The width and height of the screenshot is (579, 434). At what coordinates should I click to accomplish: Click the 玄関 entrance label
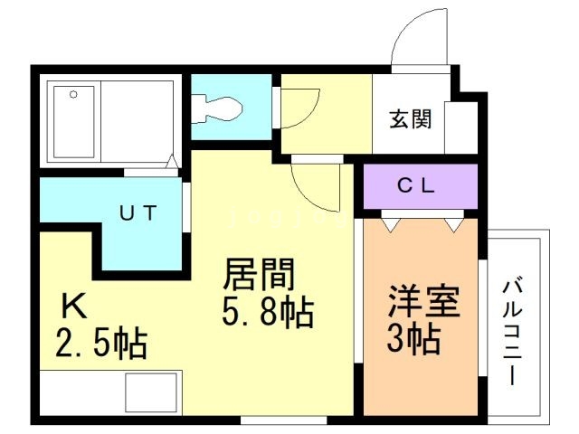pos(411,118)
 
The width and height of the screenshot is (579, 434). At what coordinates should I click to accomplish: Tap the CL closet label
pos(416,185)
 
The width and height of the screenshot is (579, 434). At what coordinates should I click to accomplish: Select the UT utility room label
pos(138,212)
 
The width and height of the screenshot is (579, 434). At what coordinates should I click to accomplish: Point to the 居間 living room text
pos(259,274)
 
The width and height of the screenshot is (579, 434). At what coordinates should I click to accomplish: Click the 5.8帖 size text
pos(268,313)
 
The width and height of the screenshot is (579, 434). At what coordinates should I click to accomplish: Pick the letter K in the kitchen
pos(74,306)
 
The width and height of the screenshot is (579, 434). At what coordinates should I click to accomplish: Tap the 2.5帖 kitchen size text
pos(101,344)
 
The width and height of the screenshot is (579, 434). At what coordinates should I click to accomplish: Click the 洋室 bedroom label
pos(423,301)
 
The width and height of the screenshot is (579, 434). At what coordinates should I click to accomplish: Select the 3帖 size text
pos(413,339)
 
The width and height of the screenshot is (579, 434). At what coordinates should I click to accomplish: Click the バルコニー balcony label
pos(513,332)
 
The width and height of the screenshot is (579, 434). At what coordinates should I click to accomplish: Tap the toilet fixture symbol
pos(217,108)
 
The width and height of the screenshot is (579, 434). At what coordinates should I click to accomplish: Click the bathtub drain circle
pos(73,94)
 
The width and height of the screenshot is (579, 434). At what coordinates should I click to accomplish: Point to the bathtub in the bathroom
pos(74,122)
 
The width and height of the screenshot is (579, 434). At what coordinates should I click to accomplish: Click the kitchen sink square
pos(151,392)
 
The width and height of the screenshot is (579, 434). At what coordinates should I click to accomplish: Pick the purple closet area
pos(421,186)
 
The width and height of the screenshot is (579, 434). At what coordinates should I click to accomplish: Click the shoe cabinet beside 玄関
pos(460,127)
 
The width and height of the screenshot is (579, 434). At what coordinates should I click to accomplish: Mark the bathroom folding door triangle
pos(171,162)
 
